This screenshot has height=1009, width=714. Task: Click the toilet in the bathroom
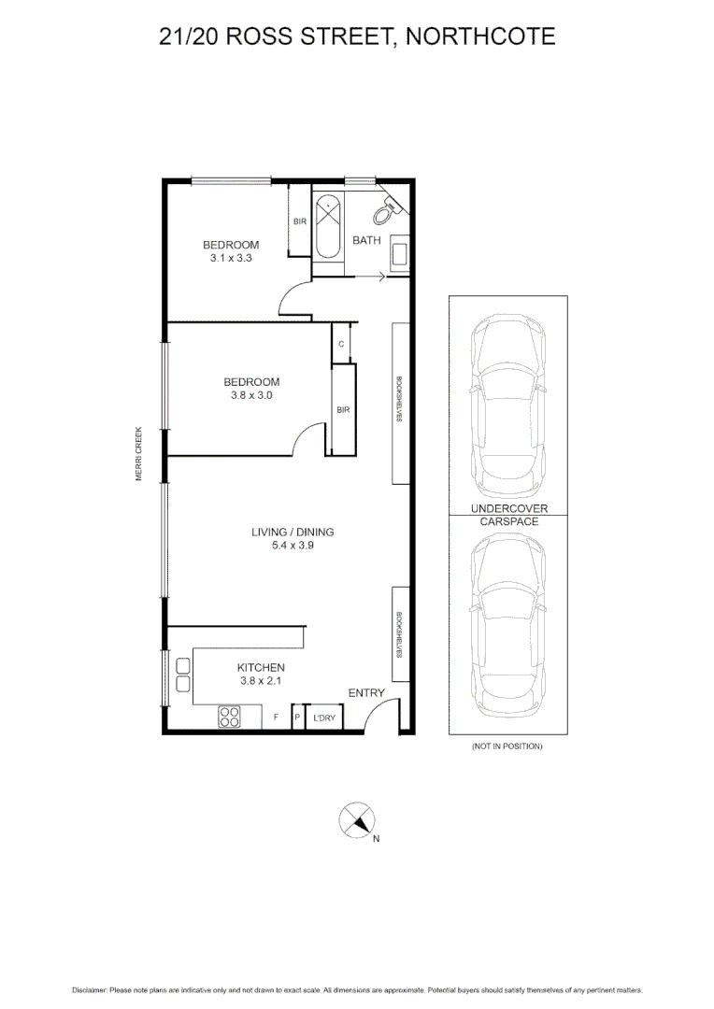pos(383,213)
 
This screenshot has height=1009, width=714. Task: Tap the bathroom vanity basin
pos(399,252)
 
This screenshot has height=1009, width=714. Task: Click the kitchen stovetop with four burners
pos(229,717)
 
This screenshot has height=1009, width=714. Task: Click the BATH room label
pos(366,240)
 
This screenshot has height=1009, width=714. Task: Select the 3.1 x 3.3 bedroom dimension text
pos(231,258)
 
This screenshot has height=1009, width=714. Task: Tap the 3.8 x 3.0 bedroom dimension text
pos(250,395)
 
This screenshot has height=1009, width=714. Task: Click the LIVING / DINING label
pos(293,533)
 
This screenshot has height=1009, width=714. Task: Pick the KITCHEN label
pos(260,668)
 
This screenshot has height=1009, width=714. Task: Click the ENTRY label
pos(366,692)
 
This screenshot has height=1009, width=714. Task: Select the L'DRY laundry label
pos(324,718)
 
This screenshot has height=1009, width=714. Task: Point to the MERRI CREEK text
pos(138,454)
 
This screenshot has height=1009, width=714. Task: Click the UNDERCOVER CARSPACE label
pos(508,515)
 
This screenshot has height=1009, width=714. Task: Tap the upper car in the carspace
pos(507,408)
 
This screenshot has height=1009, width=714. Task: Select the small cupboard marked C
pos(342,344)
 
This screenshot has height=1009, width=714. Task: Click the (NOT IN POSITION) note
pos(507,746)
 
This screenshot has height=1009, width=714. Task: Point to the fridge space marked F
pos(276,718)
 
